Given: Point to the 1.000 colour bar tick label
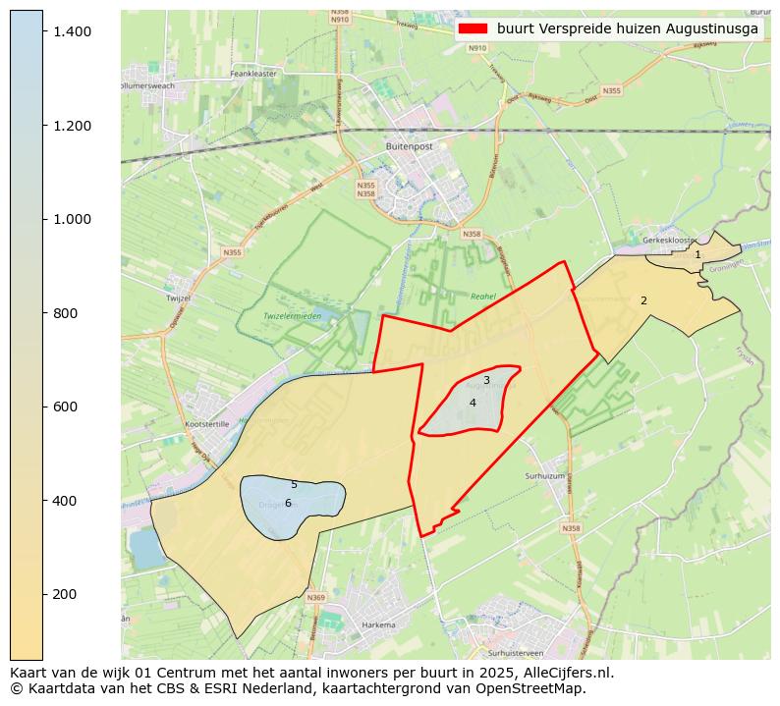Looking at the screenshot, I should tap(73, 219).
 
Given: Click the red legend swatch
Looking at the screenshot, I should tap(473, 29).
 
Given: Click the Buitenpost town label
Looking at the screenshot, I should tap(410, 146).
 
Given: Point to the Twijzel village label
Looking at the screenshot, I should tap(179, 297).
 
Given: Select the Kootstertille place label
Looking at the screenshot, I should tap(206, 424).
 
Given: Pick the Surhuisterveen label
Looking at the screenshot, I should tap(515, 653).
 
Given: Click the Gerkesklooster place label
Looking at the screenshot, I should tap(668, 240).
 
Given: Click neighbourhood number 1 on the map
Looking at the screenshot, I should tap(698, 255).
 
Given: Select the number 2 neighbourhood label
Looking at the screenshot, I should tap(643, 301).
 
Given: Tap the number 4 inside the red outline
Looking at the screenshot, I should tap(473, 403).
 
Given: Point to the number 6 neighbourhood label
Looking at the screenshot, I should tap(288, 504).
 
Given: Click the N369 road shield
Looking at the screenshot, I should tap(315, 597).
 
